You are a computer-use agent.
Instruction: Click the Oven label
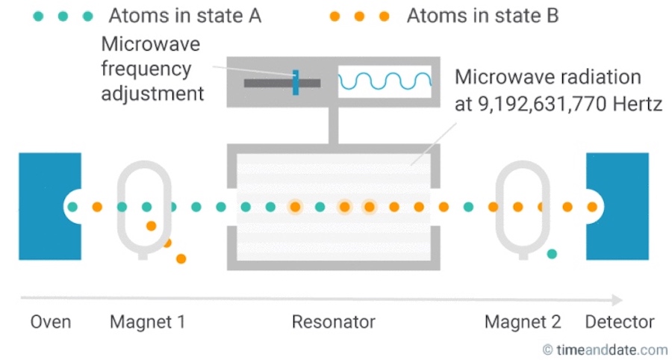coord(51,322)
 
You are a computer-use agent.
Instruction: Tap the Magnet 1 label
coord(147,322)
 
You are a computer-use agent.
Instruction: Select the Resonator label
coord(333,322)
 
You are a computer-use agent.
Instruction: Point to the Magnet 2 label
coord(523,322)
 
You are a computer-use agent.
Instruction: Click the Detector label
coord(620,322)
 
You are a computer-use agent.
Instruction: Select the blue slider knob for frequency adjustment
coord(296,82)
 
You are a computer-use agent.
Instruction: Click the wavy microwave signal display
coord(385,81)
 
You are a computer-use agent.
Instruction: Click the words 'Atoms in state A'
coord(184,16)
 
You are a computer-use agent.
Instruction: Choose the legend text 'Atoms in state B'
coord(482,16)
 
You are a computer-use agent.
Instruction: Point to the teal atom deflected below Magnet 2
coord(552,254)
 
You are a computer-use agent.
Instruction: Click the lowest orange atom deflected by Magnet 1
coord(181,258)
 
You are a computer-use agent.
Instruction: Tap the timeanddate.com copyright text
coord(605,349)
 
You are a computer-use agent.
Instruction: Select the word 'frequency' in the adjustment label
coord(146,69)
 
